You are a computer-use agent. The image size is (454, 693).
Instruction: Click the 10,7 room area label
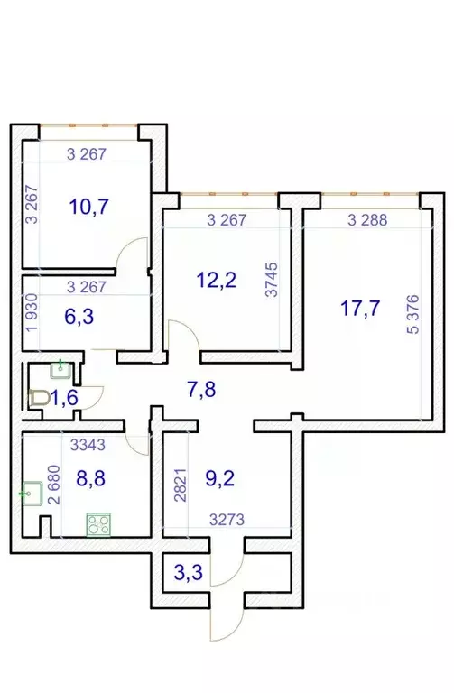[x=88, y=207]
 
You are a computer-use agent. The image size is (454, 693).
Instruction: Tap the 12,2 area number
[x=216, y=279]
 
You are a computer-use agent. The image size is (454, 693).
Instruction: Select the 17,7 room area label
[x=359, y=309]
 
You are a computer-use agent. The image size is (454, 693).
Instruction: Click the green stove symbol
[x=97, y=523]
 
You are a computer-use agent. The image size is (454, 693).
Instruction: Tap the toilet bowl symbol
[x=38, y=396]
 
